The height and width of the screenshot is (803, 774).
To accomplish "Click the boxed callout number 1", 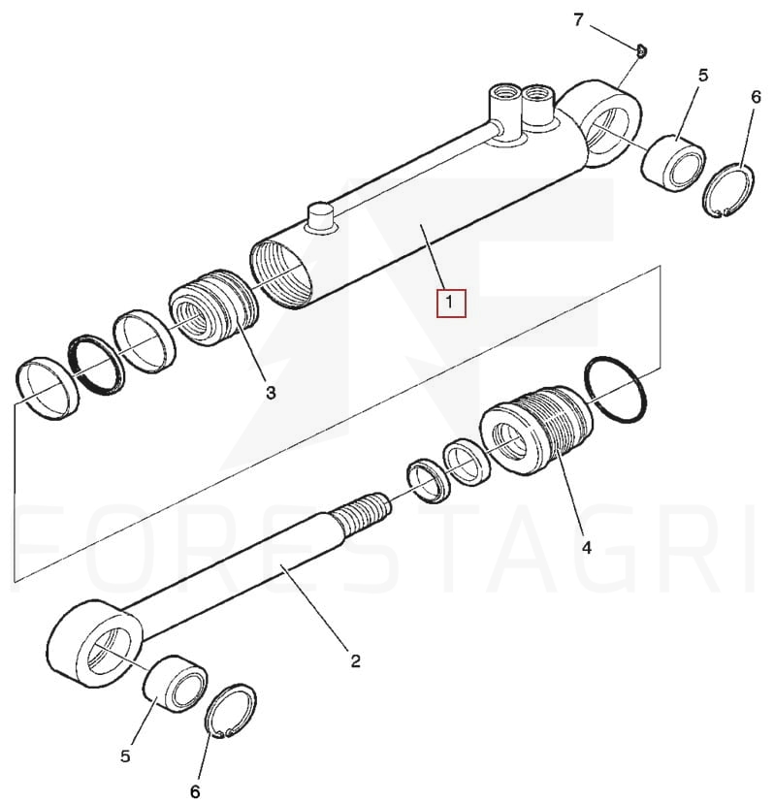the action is (x=449, y=303).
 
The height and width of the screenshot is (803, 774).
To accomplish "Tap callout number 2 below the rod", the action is (x=356, y=660).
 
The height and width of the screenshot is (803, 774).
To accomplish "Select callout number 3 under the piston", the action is (x=271, y=393).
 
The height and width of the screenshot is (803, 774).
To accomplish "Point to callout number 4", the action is (x=587, y=547).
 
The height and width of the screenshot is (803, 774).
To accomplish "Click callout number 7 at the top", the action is (x=578, y=20).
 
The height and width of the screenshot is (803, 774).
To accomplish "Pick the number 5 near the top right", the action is (x=703, y=76).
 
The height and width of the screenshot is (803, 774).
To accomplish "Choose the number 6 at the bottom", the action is (x=195, y=791).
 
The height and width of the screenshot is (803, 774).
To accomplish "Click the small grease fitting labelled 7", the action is (x=641, y=50).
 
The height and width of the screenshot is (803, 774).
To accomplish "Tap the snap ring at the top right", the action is (x=728, y=190).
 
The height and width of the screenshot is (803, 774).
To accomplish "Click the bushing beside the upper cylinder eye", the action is (x=673, y=163).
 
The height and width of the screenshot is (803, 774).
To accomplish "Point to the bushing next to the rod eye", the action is (x=176, y=683).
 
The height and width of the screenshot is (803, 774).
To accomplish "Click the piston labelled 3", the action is (x=212, y=307).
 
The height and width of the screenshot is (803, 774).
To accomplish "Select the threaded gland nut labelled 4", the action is (x=535, y=430).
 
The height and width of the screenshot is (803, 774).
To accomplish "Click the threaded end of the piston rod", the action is (x=363, y=514).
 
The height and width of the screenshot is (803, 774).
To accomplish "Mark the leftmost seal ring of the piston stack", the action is (x=48, y=388).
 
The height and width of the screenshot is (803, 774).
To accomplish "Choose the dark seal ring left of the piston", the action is (x=96, y=365).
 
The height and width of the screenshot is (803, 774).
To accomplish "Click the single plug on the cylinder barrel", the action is (x=320, y=217).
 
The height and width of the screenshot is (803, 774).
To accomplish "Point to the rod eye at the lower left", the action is (x=97, y=644).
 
